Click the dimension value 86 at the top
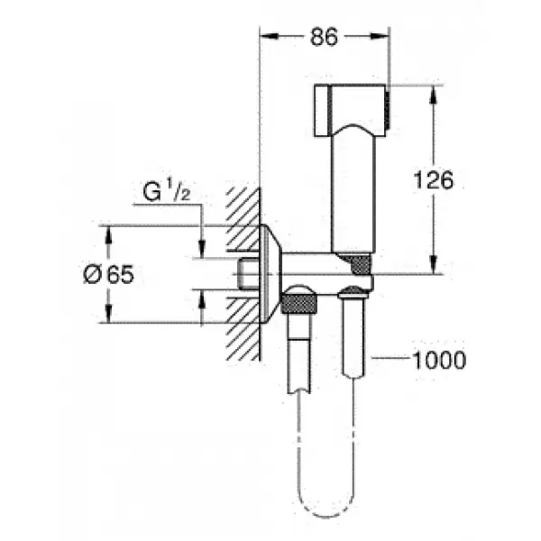click(x=323, y=37)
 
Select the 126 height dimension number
click(x=433, y=179)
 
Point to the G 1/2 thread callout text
click(x=168, y=193)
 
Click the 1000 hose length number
click(x=438, y=361)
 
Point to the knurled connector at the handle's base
click(x=359, y=264)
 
